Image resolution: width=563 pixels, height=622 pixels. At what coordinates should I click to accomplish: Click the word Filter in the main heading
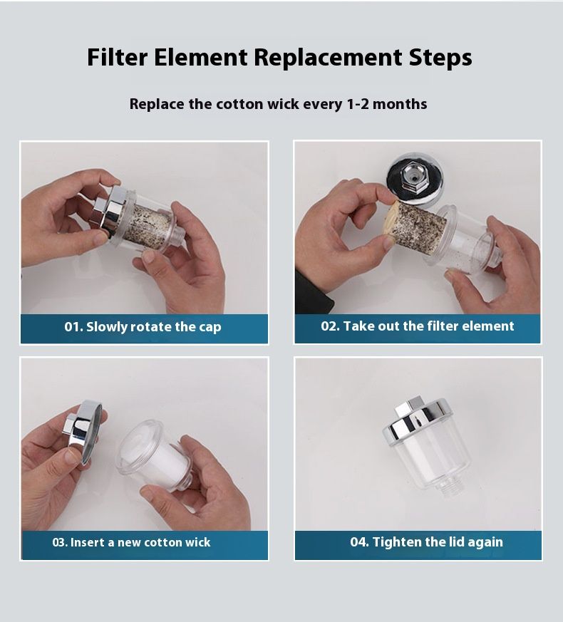(117, 57)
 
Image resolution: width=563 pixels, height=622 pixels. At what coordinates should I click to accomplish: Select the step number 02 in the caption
(329, 326)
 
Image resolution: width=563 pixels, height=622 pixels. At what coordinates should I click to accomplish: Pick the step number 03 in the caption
(59, 542)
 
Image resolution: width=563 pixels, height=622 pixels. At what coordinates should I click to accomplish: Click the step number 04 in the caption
(358, 542)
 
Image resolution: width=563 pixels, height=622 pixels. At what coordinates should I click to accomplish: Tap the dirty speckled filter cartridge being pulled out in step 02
(420, 223)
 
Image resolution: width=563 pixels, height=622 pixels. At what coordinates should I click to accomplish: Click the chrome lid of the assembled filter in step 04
(418, 420)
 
